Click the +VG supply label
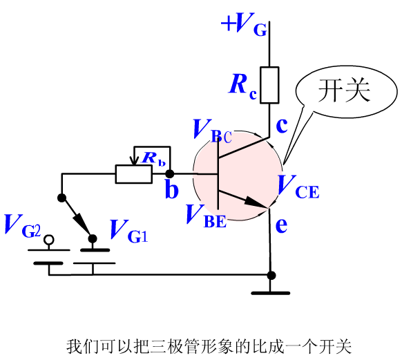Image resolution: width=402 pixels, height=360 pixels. [244, 24]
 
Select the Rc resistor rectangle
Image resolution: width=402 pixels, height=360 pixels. [269, 85]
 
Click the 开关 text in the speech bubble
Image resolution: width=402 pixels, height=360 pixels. [344, 91]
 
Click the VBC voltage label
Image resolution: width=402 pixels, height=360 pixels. [213, 131]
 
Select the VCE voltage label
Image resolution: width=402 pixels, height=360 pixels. [298, 187]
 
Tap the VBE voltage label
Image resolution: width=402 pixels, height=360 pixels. [207, 216]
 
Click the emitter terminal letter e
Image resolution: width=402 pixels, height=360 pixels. [281, 225]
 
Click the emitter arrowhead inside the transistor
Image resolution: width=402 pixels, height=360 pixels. [253, 202]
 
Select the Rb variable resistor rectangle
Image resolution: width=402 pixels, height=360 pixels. [134, 174]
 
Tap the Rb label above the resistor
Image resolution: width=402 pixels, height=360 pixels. [153, 158]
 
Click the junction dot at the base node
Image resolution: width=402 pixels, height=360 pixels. [169, 174]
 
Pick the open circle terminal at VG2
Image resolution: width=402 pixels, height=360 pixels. [49, 240]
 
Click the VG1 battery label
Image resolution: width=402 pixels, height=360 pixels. [129, 231]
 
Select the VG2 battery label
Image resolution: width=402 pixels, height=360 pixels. [23, 226]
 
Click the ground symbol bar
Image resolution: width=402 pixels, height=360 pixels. [271, 293]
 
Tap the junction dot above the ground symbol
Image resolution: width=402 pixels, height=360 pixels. [271, 276]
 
